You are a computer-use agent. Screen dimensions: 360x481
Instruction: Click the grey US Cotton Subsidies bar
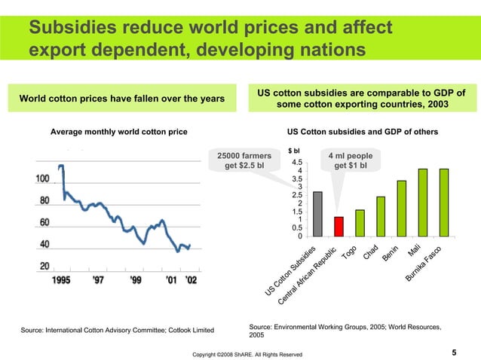pos(317,214)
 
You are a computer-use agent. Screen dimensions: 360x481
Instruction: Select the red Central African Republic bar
pos(339,227)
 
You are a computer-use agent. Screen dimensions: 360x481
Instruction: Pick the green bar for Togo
pos(360,223)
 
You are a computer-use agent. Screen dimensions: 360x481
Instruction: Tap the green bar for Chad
pos(381,216)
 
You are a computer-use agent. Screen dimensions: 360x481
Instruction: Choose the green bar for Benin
pos(402,208)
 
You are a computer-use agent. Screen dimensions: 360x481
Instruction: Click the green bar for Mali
pos(423,202)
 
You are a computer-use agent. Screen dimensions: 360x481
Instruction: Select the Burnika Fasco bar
pos(444,202)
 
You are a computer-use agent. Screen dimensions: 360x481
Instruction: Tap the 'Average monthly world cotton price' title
pos(118,132)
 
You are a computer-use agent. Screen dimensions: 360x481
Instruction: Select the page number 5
pos(454,352)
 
